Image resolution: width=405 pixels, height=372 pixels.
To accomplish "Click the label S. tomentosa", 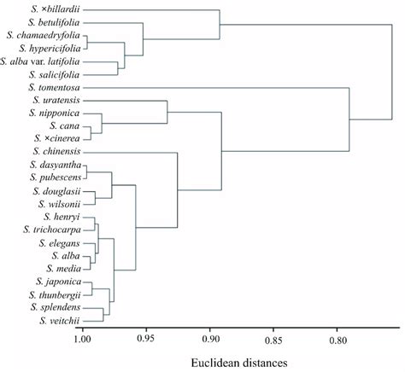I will [x=54, y=87].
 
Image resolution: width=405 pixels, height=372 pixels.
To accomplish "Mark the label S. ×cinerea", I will [x=59, y=138].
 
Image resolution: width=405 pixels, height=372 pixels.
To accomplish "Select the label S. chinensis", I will [x=56, y=151].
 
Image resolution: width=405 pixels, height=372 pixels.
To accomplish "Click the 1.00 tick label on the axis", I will [x=82, y=339].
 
